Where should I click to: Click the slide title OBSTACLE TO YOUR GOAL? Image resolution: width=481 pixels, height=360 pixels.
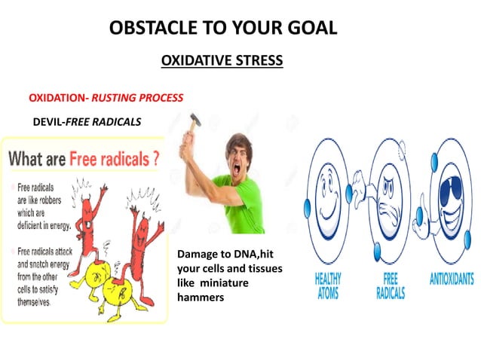tap(222, 29)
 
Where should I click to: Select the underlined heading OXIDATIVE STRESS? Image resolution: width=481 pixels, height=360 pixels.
tap(222, 60)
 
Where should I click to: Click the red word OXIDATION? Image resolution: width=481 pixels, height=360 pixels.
tap(57, 98)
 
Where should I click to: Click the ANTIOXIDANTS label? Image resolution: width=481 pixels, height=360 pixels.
tap(450, 280)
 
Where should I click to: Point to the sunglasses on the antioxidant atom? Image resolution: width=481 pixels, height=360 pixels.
tap(450, 181)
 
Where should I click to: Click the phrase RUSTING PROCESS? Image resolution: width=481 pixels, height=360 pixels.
tap(138, 98)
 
